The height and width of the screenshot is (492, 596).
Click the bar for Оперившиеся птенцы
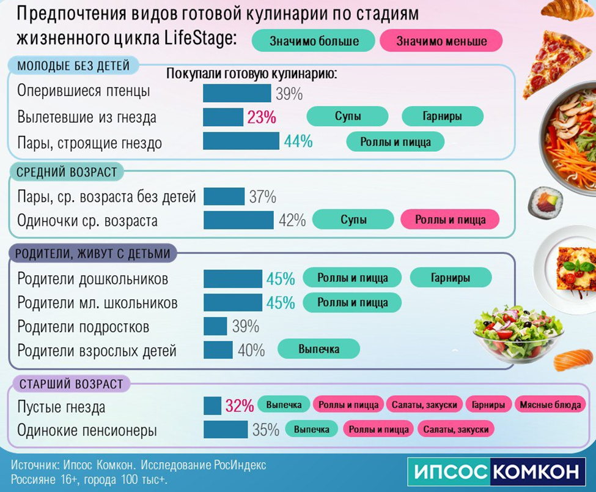(237, 93)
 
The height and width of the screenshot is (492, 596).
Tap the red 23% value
(262, 117)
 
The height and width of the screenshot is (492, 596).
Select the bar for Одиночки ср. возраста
(238, 220)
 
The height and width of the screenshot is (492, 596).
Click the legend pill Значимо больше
(314, 41)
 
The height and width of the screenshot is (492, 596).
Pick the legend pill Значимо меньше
(441, 41)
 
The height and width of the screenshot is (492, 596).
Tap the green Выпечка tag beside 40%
(318, 349)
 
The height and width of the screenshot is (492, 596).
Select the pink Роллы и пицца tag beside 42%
(450, 219)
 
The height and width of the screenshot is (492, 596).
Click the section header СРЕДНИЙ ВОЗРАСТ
(67, 172)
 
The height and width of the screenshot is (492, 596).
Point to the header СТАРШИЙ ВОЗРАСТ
(72, 384)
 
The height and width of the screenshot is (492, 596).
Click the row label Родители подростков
(83, 327)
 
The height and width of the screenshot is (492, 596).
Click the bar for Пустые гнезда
(212, 406)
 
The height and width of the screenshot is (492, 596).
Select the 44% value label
(298, 141)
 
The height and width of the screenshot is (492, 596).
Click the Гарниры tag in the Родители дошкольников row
(451, 278)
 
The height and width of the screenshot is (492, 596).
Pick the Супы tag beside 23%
(347, 116)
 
